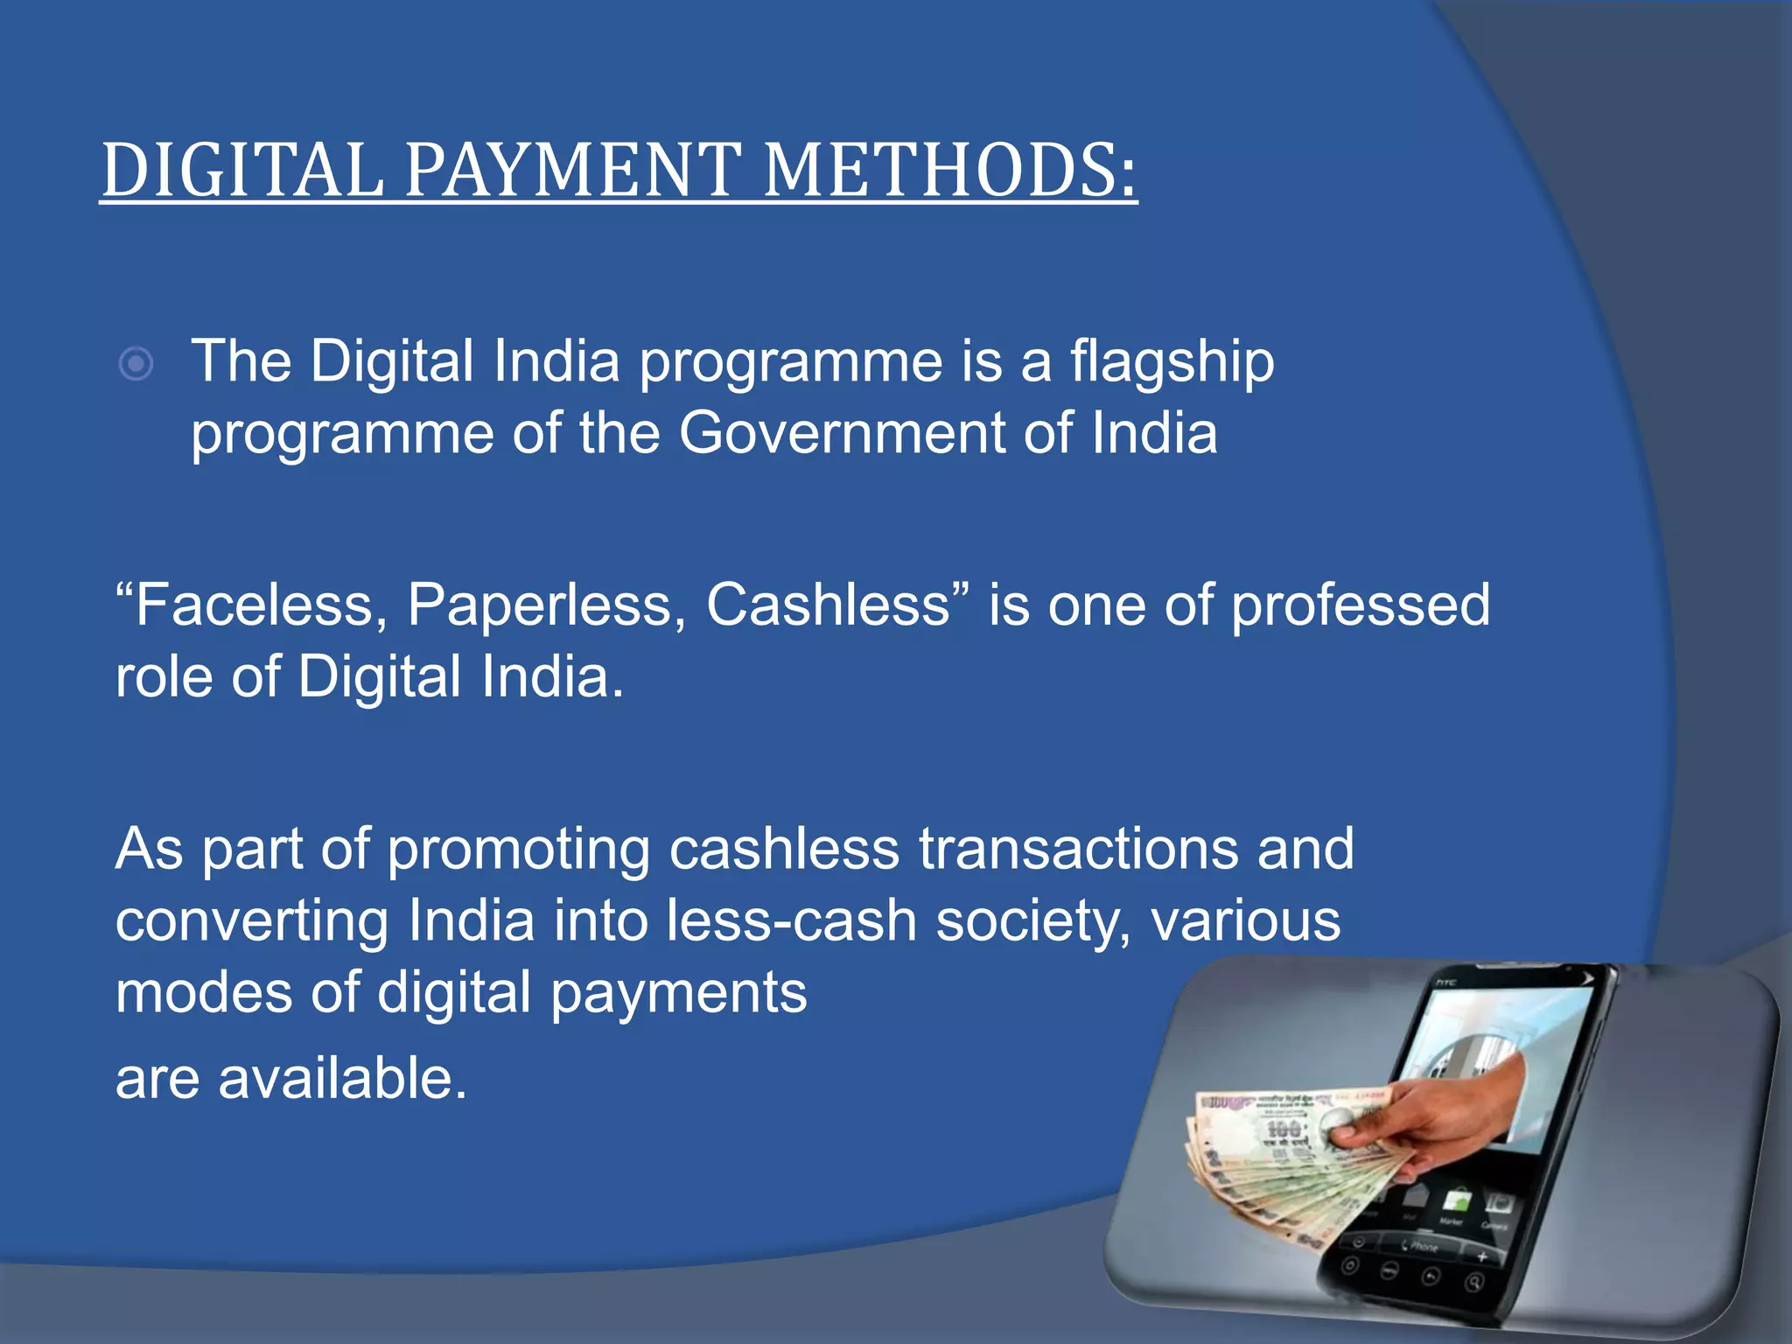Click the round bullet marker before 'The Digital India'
coord(136,363)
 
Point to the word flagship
coord(1172,363)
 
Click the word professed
coord(1361,606)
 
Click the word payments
coord(678,994)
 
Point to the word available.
coord(342,1078)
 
